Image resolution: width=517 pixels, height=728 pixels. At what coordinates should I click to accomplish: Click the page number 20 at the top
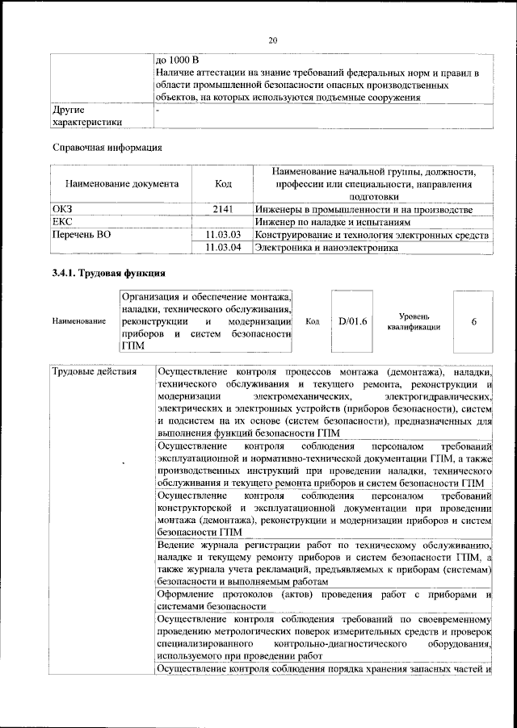point(272,40)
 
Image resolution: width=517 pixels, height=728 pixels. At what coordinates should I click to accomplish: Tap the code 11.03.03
point(224,235)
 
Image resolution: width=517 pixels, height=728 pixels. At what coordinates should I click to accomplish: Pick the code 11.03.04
point(224,248)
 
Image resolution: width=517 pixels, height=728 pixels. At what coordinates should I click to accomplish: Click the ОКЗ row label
point(62,209)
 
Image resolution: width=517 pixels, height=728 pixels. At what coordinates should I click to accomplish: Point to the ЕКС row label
point(62,222)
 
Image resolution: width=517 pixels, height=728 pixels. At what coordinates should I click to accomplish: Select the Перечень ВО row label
point(82,235)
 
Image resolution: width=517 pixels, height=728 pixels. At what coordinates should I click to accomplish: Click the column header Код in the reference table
point(223,183)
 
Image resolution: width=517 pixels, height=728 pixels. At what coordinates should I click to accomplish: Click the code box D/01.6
point(353,321)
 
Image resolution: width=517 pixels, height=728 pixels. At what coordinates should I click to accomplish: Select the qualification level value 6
point(473,321)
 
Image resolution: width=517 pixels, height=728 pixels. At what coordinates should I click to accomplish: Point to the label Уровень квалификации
point(418,321)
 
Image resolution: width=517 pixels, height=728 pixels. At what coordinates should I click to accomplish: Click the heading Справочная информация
point(107,148)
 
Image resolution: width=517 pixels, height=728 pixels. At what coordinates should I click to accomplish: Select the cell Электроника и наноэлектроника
point(326,248)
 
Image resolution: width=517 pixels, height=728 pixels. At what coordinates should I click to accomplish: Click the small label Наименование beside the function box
point(78,321)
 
